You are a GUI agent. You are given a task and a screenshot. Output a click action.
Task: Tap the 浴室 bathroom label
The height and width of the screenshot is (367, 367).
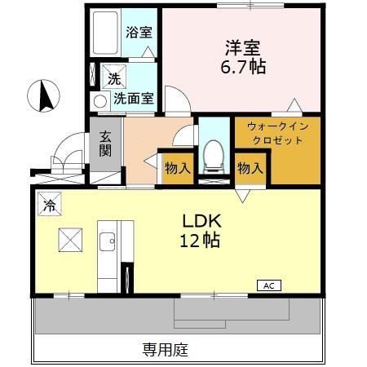[x=139, y=33]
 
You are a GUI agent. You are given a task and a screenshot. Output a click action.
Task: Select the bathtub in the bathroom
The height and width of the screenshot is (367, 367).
[x=105, y=33]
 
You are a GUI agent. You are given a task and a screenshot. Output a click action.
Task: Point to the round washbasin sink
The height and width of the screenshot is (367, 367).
[x=100, y=101]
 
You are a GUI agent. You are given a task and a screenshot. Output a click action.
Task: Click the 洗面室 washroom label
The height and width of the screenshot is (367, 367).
[x=133, y=99]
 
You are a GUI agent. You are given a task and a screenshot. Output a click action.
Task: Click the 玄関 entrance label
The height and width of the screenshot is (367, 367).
[x=106, y=144]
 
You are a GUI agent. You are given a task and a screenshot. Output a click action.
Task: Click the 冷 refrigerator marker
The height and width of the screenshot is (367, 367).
[x=49, y=205]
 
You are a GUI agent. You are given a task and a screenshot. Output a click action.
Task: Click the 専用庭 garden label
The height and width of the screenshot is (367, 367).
[x=166, y=350]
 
